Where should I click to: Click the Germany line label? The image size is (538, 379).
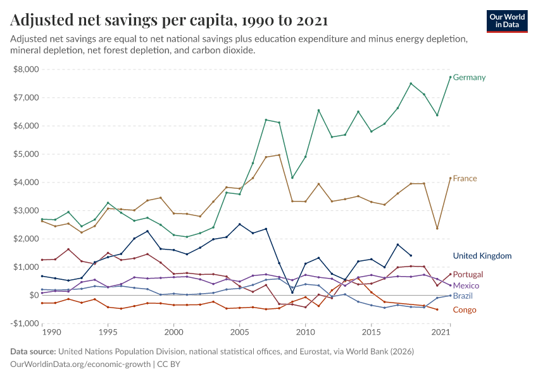(469, 78)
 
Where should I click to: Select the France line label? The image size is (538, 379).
(465, 179)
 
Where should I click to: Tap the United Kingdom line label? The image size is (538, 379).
(482, 256)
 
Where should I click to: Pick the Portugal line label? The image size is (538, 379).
(468, 275)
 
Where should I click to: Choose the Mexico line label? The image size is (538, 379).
(466, 286)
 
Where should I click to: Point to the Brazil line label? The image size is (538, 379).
(463, 296)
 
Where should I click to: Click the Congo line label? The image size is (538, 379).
(464, 310)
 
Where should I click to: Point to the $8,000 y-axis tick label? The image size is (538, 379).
(26, 69)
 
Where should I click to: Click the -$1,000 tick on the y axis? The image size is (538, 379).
(25, 323)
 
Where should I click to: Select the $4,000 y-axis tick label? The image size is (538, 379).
(26, 182)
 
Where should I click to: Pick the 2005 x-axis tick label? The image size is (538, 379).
(239, 332)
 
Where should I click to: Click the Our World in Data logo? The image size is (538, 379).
(507, 21)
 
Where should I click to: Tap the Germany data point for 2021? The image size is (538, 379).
(450, 77)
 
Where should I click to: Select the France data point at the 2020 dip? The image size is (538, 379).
(437, 228)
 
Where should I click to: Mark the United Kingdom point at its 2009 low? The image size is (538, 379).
(292, 292)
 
